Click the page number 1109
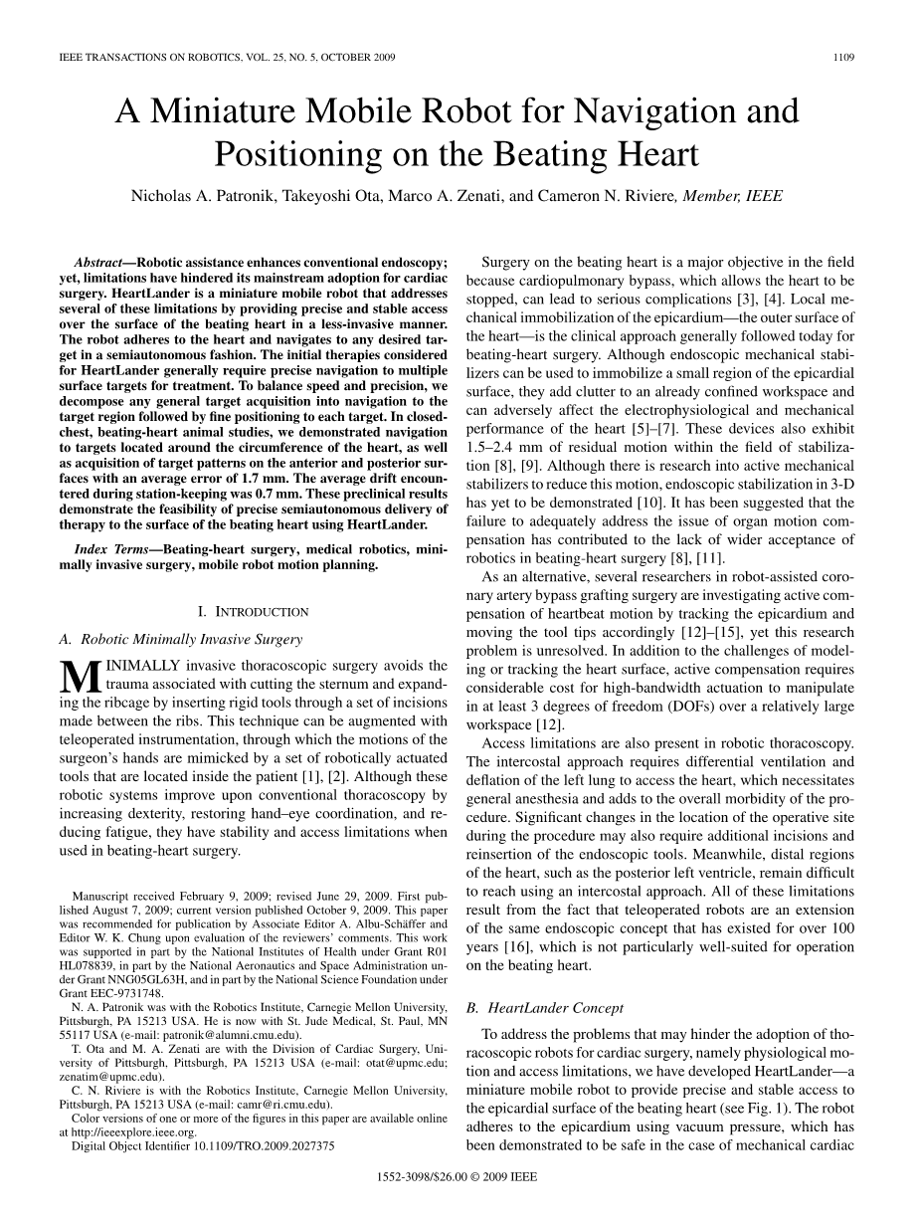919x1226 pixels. click(x=843, y=58)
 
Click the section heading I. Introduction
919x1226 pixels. click(x=254, y=611)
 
